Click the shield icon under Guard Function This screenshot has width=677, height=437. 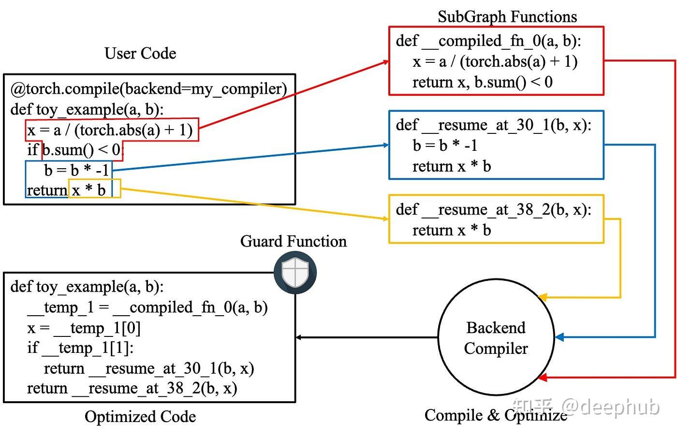click(295, 272)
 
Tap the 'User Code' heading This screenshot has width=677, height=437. click(140, 54)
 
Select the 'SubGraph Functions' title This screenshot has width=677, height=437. click(507, 16)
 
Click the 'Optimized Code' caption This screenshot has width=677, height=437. click(140, 416)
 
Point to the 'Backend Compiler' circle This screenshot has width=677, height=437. click(496, 337)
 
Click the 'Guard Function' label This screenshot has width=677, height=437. click(294, 242)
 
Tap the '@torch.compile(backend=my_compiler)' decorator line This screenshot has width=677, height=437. click(149, 89)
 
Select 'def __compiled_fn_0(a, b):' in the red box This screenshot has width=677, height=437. click(488, 41)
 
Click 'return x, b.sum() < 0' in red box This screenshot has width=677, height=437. click(483, 82)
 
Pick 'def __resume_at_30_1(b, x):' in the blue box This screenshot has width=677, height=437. click(494, 125)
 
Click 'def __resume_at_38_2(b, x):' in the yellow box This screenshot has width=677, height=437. click(494, 210)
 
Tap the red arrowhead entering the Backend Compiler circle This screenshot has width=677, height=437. click(543, 377)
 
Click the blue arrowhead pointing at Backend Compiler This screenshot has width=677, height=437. click(559, 337)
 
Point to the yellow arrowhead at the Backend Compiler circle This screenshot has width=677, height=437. click(543, 297)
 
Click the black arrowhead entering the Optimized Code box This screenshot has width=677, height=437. click(298, 337)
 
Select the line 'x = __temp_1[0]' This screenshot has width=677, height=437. click(84, 328)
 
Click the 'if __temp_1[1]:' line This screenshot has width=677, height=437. click(80, 348)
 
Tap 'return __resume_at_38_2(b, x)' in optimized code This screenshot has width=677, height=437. click(132, 389)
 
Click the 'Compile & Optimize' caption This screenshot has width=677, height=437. click(496, 415)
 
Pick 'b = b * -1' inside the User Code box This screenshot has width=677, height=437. click(76, 171)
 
